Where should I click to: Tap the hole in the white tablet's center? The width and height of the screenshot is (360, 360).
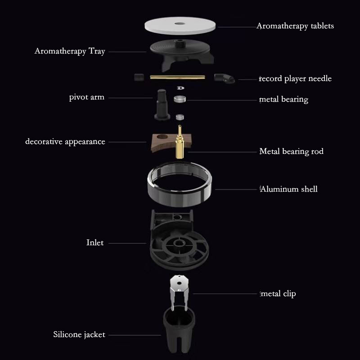point(180,23)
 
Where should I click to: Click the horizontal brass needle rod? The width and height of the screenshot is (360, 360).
point(177,77)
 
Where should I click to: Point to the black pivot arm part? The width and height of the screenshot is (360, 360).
point(162,104)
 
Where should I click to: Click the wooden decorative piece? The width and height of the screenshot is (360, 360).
point(161,143)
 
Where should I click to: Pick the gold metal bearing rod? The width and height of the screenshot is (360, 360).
point(180,142)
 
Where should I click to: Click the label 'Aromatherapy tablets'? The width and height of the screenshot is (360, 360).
point(295,26)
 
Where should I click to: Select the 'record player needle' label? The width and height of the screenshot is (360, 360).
point(295,79)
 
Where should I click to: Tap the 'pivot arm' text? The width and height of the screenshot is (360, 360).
point(87,97)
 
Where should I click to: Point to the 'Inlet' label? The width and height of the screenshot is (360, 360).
point(95,243)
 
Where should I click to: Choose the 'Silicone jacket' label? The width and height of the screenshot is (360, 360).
point(79,335)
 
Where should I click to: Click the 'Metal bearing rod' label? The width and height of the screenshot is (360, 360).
point(292,152)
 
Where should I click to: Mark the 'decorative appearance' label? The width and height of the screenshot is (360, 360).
point(65,142)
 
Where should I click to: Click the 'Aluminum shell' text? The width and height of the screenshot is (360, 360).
point(289,189)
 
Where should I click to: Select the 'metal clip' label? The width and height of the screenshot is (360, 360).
point(278,294)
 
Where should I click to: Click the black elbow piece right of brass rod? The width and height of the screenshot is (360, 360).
point(225,78)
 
